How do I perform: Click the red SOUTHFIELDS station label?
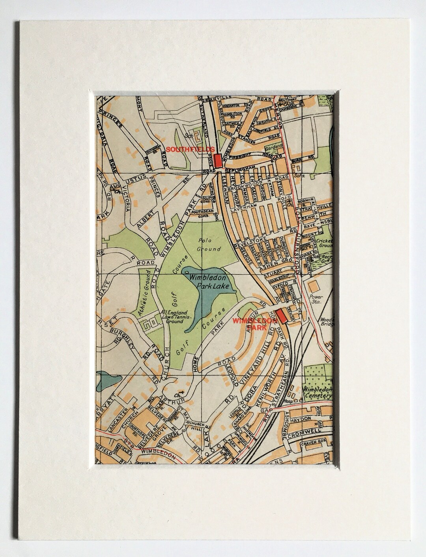click(191, 150)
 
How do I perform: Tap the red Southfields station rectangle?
click(217, 160)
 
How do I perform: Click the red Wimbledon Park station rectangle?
click(282, 316)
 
